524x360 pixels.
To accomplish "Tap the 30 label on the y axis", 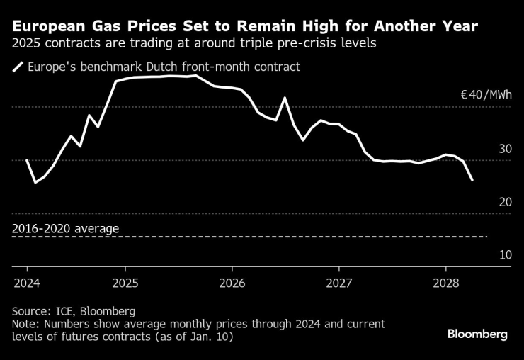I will [504, 149].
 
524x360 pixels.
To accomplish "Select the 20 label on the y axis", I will [504, 202].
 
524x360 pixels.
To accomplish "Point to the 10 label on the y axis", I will [504, 254].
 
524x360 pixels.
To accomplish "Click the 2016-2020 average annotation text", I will [66, 228].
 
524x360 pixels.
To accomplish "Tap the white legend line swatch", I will [18, 68].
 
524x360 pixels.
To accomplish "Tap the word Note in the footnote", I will [25, 324].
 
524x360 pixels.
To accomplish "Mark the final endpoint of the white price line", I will [472, 181].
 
